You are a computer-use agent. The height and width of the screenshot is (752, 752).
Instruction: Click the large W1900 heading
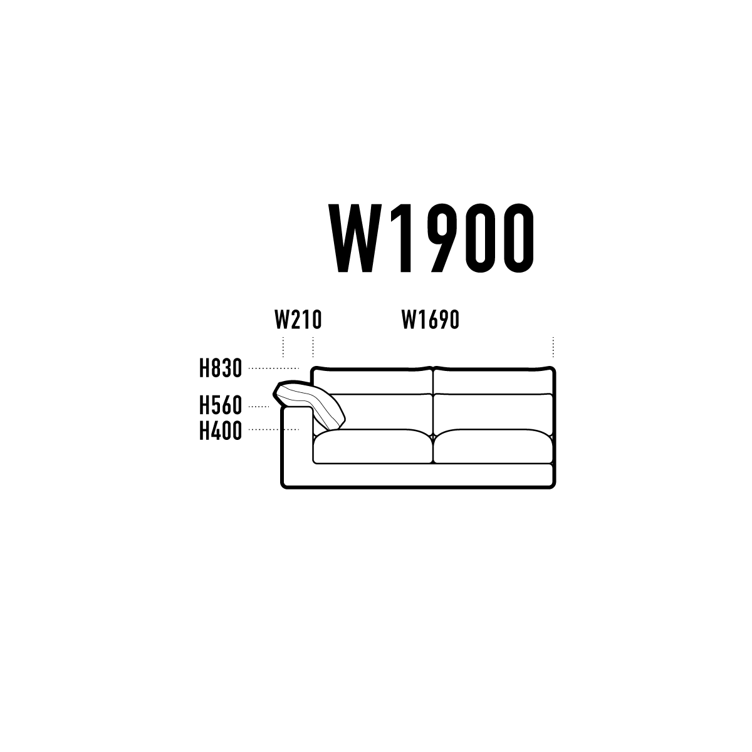click(431, 238)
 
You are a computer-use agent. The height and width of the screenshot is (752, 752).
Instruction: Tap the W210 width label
click(298, 320)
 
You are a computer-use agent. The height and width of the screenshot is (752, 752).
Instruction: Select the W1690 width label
click(430, 320)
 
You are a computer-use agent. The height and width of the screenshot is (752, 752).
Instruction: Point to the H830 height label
click(221, 368)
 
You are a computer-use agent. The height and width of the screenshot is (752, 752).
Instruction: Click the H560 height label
click(221, 405)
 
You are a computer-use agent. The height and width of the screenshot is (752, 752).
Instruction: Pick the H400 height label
click(221, 431)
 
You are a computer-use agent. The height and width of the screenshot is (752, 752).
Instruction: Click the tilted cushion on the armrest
click(308, 404)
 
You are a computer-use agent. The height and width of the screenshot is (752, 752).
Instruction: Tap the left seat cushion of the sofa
click(373, 446)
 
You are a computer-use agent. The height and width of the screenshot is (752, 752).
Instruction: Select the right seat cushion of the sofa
click(493, 446)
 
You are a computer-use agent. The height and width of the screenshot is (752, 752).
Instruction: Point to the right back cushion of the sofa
click(493, 412)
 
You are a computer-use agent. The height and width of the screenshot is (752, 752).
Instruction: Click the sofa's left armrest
click(296, 445)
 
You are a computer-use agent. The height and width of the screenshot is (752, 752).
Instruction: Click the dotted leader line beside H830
click(274, 368)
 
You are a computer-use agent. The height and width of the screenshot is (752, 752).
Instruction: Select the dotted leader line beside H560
click(259, 407)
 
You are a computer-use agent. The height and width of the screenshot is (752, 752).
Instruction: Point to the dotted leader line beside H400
click(274, 429)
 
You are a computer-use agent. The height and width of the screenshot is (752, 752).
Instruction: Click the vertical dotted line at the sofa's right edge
click(553, 347)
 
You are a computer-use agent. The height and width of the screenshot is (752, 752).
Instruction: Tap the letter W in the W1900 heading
click(353, 238)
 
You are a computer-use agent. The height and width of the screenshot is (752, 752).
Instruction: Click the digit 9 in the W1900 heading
click(444, 238)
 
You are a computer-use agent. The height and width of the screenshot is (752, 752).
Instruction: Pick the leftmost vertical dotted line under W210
click(283, 347)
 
